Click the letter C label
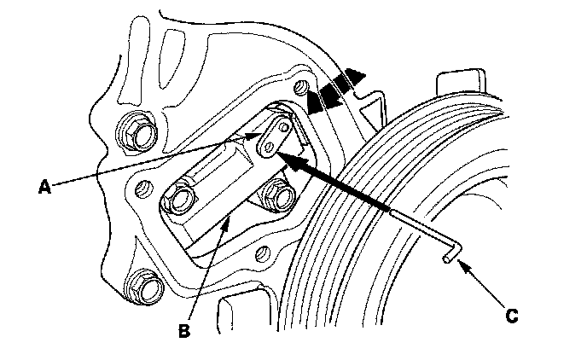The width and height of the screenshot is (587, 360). [x=513, y=316]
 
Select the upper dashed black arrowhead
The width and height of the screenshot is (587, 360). [x=349, y=83]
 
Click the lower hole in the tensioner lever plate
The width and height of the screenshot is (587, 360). [x=267, y=148]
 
